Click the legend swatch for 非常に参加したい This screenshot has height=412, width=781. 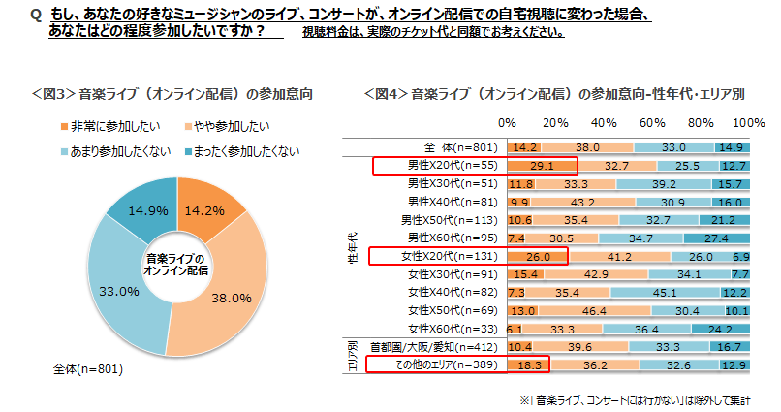tap(64, 127)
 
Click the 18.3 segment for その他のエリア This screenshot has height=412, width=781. tap(529, 365)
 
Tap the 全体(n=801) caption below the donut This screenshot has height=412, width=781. tap(88, 369)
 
